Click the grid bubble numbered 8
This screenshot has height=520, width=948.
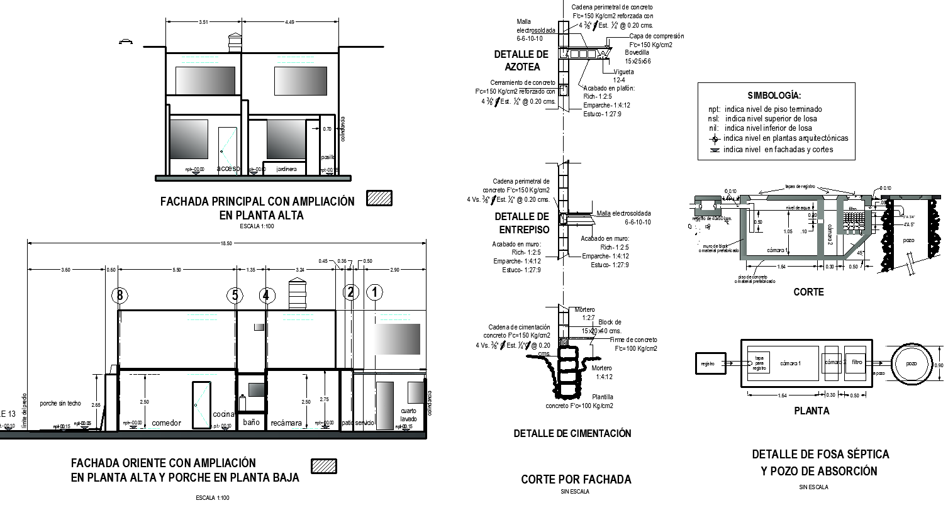click(120, 295)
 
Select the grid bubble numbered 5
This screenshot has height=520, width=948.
click(235, 295)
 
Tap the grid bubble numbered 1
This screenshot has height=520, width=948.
click(375, 292)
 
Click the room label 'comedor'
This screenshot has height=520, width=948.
click(166, 423)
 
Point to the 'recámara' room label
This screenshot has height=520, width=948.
click(286, 423)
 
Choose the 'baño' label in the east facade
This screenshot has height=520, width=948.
click(251, 422)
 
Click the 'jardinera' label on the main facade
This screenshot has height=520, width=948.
click(286, 169)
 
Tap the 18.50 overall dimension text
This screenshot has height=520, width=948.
click(226, 243)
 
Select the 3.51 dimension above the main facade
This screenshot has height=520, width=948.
click(203, 22)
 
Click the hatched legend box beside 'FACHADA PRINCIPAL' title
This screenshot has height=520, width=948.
click(379, 198)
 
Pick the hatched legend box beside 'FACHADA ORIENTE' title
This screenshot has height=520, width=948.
click(324, 466)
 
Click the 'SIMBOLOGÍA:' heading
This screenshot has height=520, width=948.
click(774, 96)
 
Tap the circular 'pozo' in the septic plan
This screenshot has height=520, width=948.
click(911, 364)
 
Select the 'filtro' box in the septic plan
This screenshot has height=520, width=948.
click(857, 363)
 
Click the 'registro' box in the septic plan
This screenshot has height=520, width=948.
click(708, 363)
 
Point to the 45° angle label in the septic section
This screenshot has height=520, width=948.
click(861, 253)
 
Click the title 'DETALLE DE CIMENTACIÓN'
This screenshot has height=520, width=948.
click(572, 433)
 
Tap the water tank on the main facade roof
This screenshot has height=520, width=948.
click(235, 42)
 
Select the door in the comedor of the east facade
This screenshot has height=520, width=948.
click(201, 403)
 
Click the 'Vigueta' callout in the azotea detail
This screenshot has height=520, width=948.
click(623, 72)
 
